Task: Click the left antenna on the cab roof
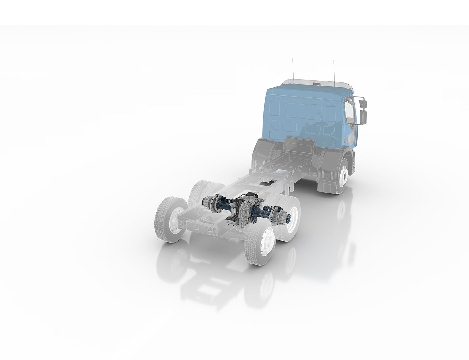pos(293,68)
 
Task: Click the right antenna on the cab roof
pos(334,70)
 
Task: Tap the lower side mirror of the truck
pos(364,117)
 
